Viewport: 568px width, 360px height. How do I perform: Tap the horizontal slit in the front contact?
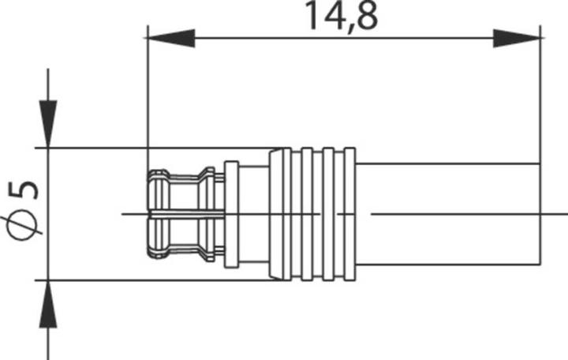(181, 213)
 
